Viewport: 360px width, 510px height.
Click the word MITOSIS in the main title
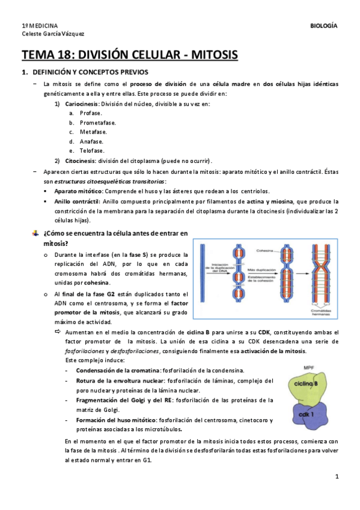[x=214, y=56]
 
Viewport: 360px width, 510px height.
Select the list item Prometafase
[x=98, y=123]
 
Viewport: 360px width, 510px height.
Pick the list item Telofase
[x=92, y=151]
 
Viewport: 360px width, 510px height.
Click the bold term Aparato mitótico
[x=77, y=191]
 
